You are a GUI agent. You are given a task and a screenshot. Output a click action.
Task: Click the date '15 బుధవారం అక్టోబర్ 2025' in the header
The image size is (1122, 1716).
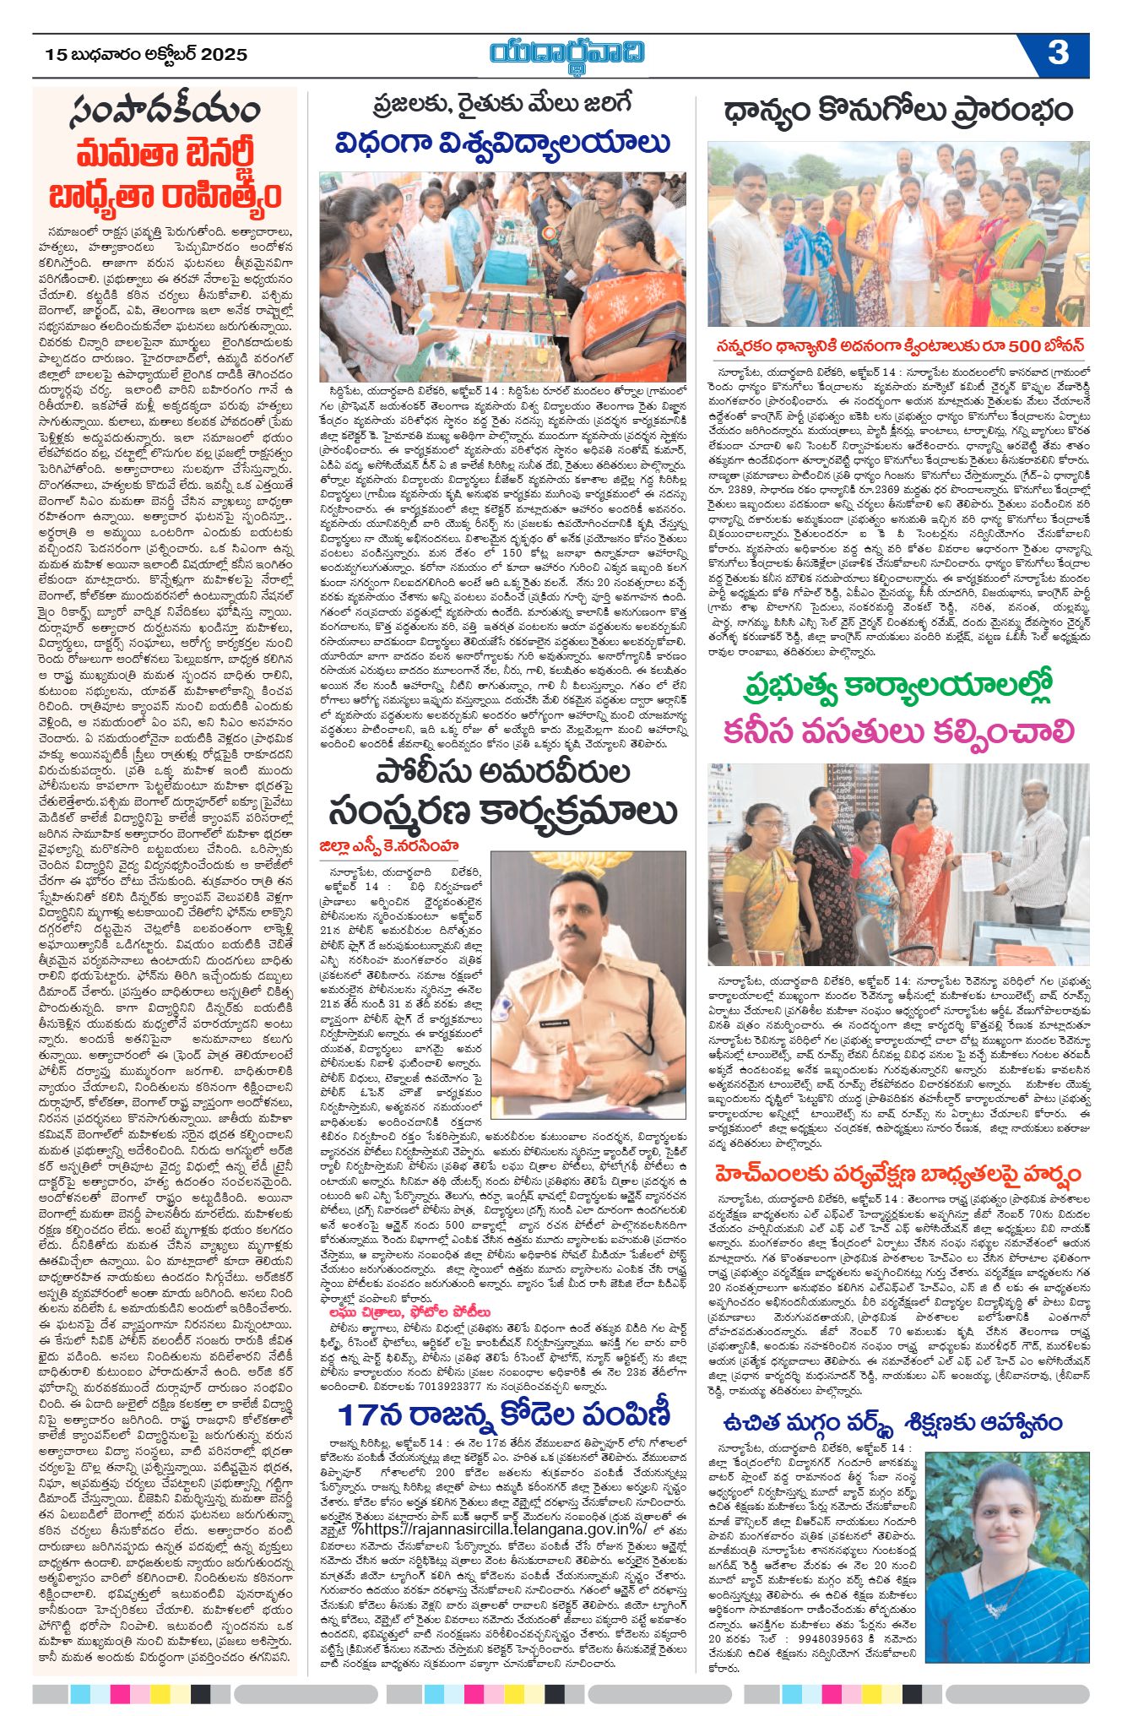146,54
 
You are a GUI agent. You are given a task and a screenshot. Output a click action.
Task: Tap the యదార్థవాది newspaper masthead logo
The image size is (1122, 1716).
567,53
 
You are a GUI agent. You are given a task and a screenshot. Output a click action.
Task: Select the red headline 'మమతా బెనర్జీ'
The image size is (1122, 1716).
165,155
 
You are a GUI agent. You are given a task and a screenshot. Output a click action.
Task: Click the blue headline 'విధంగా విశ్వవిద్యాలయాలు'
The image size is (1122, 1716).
502,143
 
